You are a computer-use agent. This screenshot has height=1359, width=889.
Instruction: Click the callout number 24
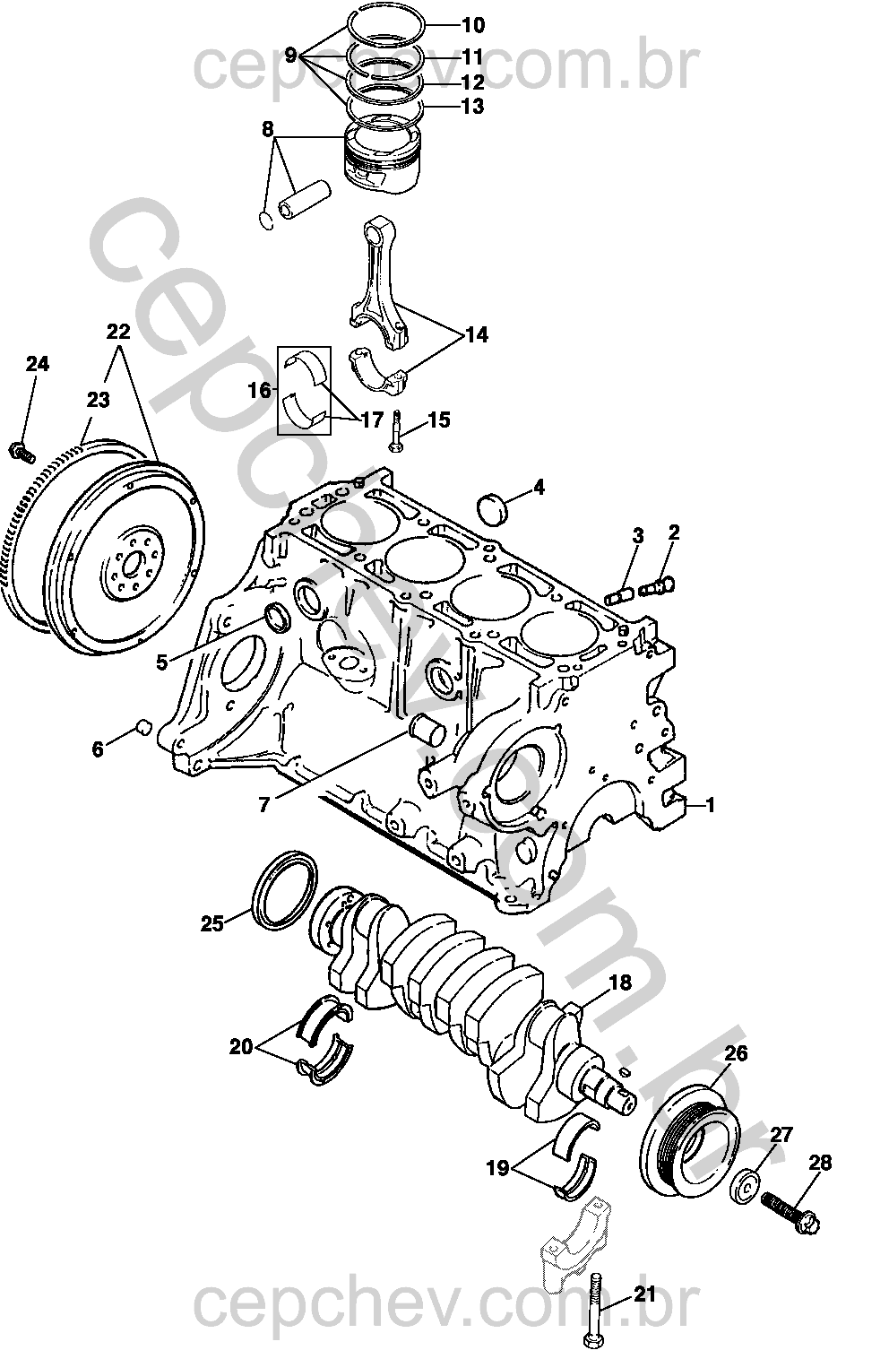click(37, 364)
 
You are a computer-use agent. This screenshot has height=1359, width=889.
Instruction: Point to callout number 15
click(438, 420)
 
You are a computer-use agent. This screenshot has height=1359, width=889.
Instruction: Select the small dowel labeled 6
click(142, 726)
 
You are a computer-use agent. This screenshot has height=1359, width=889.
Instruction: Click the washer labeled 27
click(745, 1186)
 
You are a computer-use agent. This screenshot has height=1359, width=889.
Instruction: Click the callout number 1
click(710, 806)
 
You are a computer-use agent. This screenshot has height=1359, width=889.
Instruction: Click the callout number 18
click(620, 982)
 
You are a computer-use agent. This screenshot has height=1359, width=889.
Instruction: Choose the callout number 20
click(241, 1046)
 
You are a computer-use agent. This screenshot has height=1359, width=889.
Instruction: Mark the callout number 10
click(472, 24)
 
